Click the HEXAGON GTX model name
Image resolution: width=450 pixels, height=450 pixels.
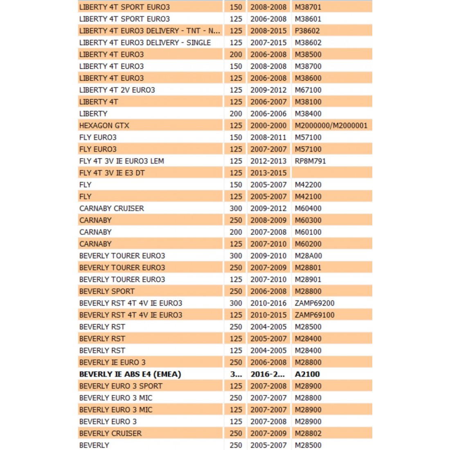point(104,126)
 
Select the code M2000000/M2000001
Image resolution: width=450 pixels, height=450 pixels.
point(331,126)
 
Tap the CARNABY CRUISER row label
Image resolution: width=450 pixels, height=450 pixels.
point(112,209)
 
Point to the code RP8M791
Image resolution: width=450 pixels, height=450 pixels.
point(310,161)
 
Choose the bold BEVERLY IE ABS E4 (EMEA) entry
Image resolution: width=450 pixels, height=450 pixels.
point(130,374)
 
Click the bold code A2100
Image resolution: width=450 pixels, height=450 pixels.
point(307,374)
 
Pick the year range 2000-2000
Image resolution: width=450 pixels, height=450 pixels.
point(268,126)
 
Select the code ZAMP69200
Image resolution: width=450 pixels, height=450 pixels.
point(315,303)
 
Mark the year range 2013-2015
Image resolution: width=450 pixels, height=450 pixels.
point(268,173)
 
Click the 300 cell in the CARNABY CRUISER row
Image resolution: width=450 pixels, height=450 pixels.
point(236,209)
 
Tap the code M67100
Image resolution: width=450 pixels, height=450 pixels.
point(308,90)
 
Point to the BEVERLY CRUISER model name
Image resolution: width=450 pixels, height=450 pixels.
point(110,434)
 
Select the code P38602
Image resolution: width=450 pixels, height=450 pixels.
point(307,31)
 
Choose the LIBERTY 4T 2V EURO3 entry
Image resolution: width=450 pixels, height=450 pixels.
point(117,90)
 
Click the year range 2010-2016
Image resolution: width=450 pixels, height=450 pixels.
point(268,303)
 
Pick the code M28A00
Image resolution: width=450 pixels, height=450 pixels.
point(308,256)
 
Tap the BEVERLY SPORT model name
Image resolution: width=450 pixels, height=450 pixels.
point(107,291)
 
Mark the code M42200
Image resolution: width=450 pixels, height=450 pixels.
point(308,185)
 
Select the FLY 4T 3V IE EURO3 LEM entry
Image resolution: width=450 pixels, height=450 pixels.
point(122,161)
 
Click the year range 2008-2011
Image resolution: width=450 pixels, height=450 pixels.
point(268,137)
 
